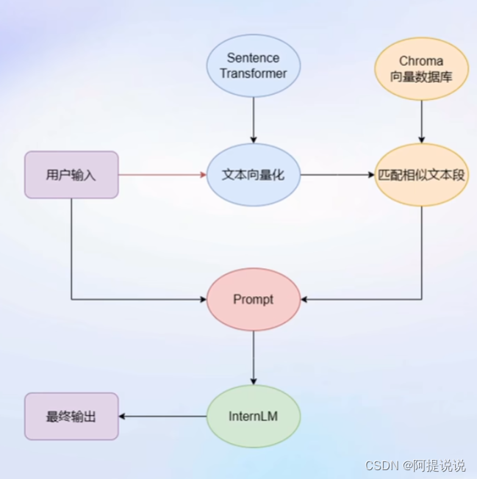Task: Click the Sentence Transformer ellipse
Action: tap(253, 66)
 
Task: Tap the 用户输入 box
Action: tap(71, 175)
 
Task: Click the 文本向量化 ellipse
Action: tap(253, 175)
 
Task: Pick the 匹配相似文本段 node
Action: tap(421, 175)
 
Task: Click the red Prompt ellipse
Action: tap(253, 300)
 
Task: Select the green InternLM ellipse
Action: tap(253, 417)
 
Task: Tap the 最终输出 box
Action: tap(71, 417)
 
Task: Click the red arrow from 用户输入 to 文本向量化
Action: tap(162, 175)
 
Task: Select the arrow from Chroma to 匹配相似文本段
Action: tap(421, 120)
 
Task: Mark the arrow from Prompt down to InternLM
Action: tap(253, 357)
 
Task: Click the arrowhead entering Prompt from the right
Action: tap(305, 300)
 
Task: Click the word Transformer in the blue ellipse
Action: tap(253, 73)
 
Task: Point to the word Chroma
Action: tap(421, 61)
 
